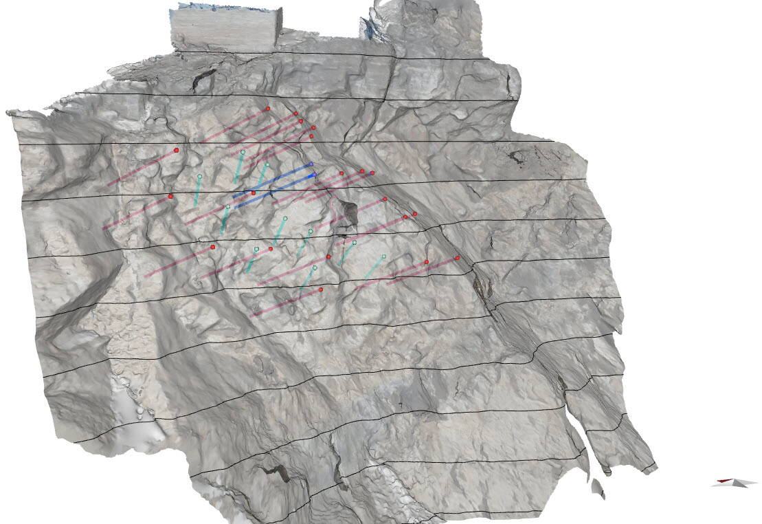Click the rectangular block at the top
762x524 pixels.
click(225, 28)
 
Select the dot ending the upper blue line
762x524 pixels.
click(311, 164)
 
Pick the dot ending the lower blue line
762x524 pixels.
click(315, 175)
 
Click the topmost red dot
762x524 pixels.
click(268, 109)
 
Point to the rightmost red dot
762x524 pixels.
click(457, 258)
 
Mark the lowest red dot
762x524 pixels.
click(321, 290)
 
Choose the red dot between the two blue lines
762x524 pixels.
click(253, 193)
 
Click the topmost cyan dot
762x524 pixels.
click(243, 152)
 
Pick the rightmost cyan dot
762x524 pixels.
click(383, 256)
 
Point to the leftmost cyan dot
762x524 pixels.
click(199, 177)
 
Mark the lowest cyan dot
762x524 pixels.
click(315, 268)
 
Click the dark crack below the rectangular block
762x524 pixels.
click(201, 79)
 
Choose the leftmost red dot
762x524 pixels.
click(170, 196)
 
